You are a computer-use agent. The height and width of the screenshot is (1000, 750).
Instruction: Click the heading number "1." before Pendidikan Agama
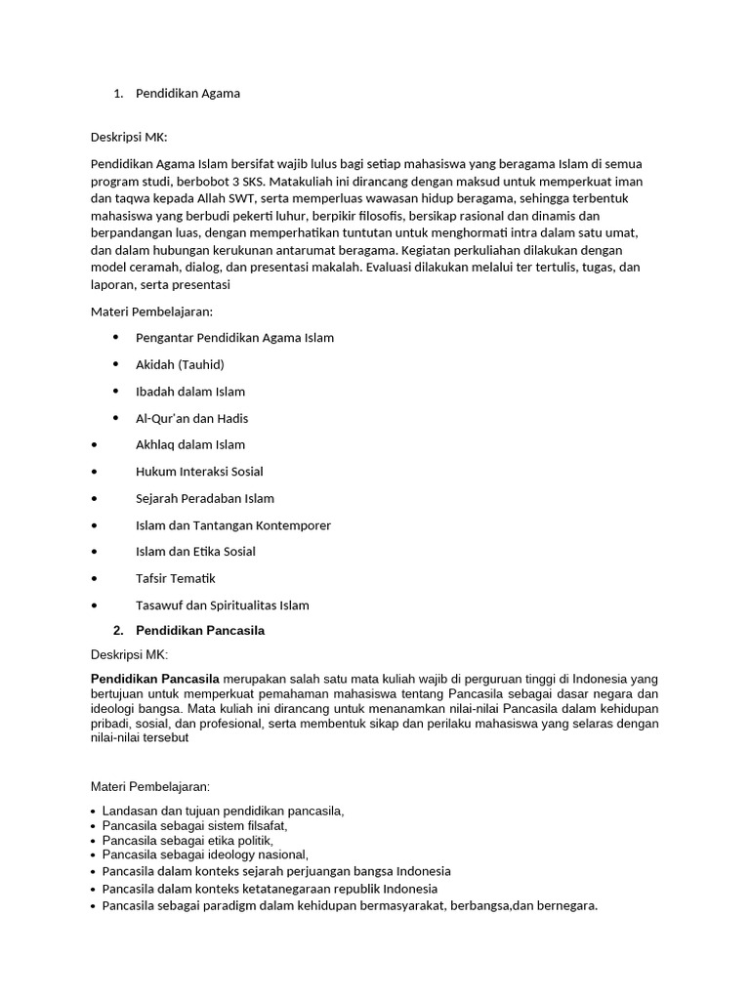[118, 94]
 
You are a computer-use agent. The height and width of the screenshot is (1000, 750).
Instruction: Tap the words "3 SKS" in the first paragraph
[248, 182]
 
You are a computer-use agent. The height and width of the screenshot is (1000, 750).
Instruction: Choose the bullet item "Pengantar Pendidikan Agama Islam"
[234, 338]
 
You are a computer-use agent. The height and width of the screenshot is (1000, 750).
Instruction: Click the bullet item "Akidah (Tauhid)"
[180, 364]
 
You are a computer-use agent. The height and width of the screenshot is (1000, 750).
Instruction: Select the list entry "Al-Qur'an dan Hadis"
[191, 418]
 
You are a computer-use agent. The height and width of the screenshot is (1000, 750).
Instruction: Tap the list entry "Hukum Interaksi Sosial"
[199, 472]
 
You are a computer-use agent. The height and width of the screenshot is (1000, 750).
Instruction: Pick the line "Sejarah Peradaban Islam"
[205, 498]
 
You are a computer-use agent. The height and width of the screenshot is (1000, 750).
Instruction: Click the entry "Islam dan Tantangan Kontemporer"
[233, 525]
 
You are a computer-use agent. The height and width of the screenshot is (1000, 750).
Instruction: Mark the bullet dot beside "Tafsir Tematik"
[94, 579]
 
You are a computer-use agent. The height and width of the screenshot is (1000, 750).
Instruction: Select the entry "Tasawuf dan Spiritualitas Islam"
[222, 605]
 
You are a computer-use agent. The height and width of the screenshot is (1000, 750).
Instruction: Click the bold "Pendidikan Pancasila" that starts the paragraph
[155, 679]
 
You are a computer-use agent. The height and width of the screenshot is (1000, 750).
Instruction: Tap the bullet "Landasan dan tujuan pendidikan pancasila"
[223, 811]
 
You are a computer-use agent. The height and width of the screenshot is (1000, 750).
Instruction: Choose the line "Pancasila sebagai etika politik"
[187, 840]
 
